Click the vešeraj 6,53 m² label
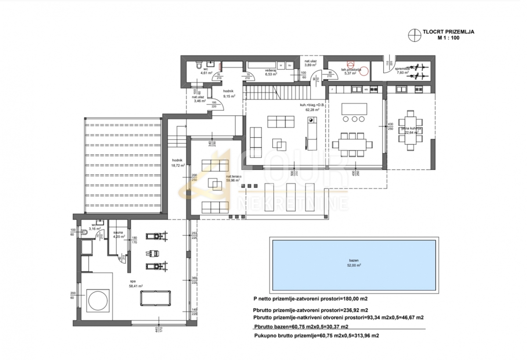tap(270, 72)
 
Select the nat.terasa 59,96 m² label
tap(232, 178)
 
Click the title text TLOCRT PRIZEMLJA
tap(448, 32)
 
